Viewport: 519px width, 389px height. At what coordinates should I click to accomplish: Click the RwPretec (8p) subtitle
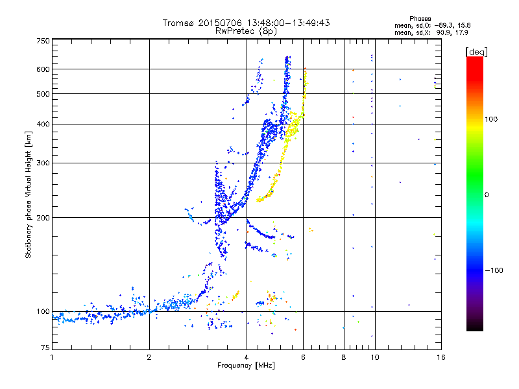[x=247, y=30]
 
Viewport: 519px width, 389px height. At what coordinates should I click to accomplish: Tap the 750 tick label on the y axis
[x=43, y=41]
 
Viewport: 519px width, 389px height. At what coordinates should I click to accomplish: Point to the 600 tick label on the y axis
[x=43, y=69]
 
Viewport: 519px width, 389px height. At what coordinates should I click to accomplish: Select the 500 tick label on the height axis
[x=43, y=94]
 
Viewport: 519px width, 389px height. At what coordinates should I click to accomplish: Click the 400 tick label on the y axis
[x=43, y=124]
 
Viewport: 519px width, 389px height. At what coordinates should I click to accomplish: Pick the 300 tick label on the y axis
[x=43, y=163]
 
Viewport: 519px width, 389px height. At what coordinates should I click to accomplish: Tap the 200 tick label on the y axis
[x=43, y=217]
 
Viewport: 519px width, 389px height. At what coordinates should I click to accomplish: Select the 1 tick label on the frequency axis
[x=52, y=357]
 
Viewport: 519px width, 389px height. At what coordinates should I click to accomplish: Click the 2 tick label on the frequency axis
[x=149, y=357]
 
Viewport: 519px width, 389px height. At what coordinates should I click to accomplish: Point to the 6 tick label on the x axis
[x=303, y=357]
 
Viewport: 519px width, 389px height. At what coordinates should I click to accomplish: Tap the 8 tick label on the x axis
[x=343, y=357]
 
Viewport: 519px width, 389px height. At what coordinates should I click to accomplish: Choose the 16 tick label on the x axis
[x=439, y=357]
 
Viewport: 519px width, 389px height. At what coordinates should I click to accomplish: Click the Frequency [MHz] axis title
[x=246, y=366]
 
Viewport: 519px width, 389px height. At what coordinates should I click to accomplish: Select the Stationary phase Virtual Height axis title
[x=29, y=194]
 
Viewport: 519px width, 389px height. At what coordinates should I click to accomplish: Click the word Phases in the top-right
[x=420, y=18]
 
